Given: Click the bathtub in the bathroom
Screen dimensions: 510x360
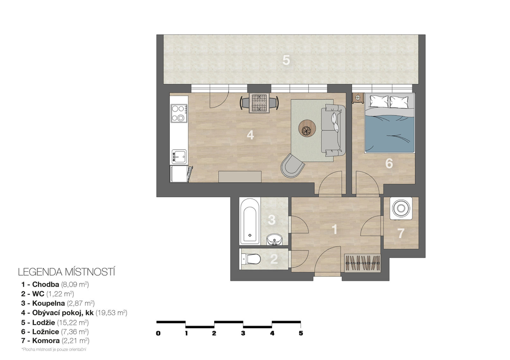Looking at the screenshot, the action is [x=250, y=221].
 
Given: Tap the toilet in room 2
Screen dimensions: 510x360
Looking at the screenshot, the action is [x=251, y=259].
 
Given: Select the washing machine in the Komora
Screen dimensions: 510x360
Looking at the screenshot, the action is [x=401, y=208].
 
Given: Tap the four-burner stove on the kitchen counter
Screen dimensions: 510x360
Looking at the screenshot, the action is [x=179, y=113].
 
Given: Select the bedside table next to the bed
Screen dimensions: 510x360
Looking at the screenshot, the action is [x=358, y=98].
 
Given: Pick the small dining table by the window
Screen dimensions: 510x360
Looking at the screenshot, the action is [x=259, y=103].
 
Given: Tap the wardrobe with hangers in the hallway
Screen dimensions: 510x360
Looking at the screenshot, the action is [x=363, y=262].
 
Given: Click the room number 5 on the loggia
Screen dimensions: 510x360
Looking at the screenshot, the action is [x=286, y=60].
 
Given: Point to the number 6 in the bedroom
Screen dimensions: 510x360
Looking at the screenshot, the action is [x=389, y=163].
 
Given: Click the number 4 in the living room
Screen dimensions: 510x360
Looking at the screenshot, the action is [x=250, y=134].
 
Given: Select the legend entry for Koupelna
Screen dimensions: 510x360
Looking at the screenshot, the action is [x=58, y=303].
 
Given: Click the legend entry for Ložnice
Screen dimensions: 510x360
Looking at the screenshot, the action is [x=55, y=332].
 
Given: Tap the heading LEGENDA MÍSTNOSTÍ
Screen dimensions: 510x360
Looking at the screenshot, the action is [x=67, y=272].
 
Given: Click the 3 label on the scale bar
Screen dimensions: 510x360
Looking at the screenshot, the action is [x=243, y=333].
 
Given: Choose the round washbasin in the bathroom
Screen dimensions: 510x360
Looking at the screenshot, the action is [x=275, y=240].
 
